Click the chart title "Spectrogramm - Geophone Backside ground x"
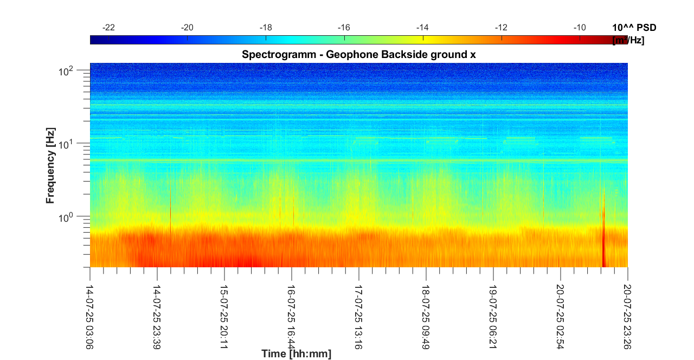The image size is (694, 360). click(358, 54)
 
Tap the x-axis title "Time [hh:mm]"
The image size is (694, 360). click(296, 354)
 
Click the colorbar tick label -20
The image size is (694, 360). click(188, 28)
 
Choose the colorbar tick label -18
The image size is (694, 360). click(266, 28)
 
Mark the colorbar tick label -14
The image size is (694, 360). click(422, 28)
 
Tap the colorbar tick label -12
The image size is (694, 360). click(501, 28)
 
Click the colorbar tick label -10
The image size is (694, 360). click(580, 28)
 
